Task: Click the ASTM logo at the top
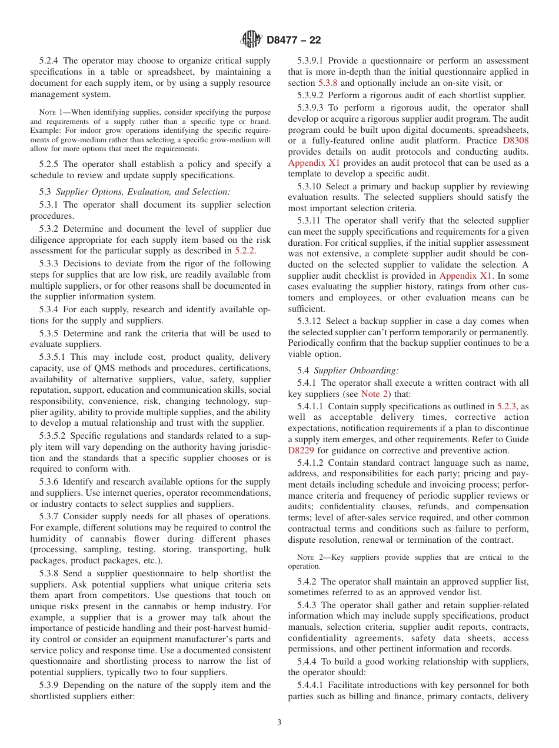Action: [251, 40]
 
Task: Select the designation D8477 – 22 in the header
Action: [294, 40]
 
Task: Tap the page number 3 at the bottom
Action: [279, 723]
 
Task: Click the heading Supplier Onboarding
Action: [356, 370]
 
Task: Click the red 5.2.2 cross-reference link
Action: [245, 251]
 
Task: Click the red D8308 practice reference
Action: [515, 141]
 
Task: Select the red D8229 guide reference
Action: [301, 450]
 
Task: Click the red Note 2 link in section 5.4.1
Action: [374, 394]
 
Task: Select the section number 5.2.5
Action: [49, 164]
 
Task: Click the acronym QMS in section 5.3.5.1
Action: [103, 368]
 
